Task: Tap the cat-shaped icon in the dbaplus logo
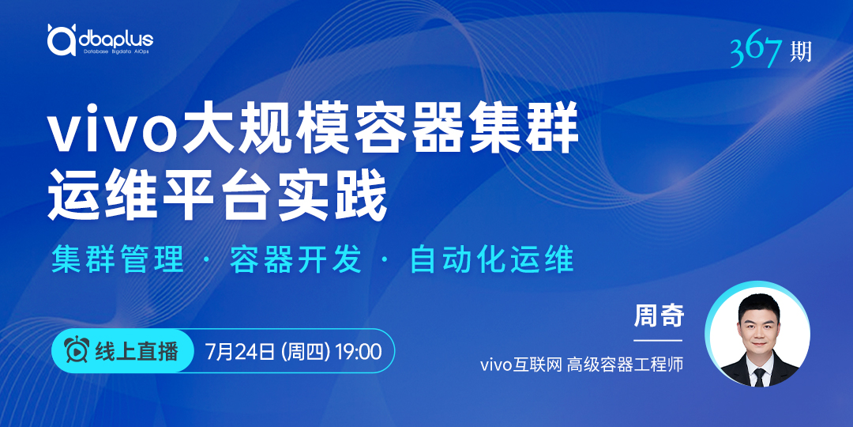tap(62, 40)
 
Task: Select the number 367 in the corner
tap(758, 52)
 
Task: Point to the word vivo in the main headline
tap(115, 131)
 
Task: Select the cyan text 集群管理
tap(118, 260)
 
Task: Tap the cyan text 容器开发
tap(296, 260)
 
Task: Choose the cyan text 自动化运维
tap(492, 260)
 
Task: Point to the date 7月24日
tap(240, 351)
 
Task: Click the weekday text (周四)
tap(305, 351)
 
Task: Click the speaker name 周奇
tap(658, 316)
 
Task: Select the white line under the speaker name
tap(658, 340)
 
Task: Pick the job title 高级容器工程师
tap(625, 365)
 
